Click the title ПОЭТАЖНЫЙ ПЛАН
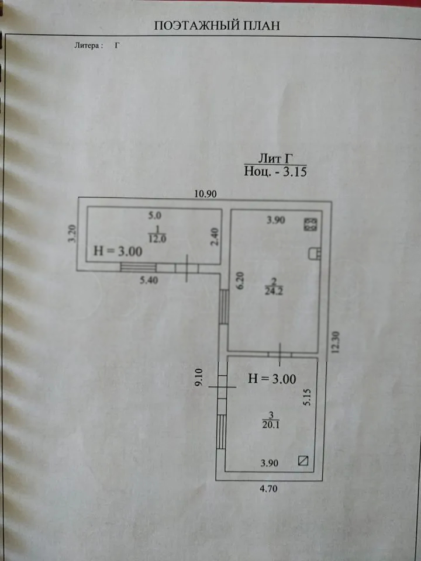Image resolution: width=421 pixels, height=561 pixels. [x=216, y=26]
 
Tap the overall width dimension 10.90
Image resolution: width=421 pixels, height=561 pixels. [x=205, y=194]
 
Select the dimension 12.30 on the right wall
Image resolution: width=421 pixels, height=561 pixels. [x=335, y=342]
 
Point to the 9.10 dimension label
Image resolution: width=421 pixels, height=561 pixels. [x=199, y=377]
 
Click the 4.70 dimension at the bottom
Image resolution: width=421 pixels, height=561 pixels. [x=268, y=489]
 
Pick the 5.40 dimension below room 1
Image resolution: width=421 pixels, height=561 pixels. [x=149, y=280]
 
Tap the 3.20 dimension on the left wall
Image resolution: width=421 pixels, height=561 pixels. [x=73, y=234]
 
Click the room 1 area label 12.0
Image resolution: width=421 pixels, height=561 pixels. [x=157, y=238]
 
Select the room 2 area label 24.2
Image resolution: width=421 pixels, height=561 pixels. [x=274, y=291]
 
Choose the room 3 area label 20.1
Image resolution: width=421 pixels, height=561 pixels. [x=271, y=425]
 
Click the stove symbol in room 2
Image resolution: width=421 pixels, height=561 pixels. [x=310, y=224]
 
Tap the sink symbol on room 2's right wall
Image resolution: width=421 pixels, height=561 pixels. [x=315, y=253]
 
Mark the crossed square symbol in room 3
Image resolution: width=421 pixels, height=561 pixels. [x=303, y=460]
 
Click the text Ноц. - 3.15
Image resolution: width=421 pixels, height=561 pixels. [x=275, y=171]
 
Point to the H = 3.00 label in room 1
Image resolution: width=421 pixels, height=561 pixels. [x=118, y=251]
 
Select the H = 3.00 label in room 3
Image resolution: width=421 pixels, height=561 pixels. [x=272, y=379]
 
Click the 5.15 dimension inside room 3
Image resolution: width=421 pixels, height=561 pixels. [x=307, y=397]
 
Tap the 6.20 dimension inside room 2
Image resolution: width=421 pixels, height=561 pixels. [x=240, y=281]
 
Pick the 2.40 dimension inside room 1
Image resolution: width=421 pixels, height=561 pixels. [x=214, y=237]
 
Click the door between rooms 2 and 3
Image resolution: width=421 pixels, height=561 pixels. [x=280, y=355]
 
